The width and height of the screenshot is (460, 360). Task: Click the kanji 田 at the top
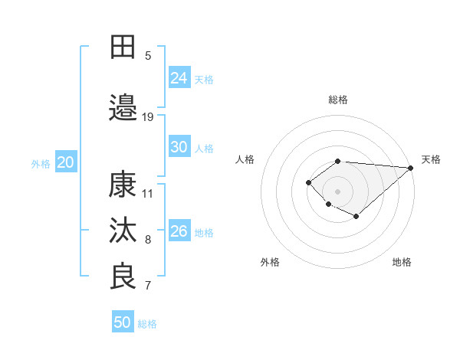coord(123,47)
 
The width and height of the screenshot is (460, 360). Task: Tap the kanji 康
coord(123,185)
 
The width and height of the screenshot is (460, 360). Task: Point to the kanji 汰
coord(123,231)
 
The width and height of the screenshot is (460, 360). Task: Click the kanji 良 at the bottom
coord(123,277)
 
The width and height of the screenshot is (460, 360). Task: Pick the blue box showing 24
coord(179,77)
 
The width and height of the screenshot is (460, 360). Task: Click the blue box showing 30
coord(179,147)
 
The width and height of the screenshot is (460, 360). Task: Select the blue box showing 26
coord(179,231)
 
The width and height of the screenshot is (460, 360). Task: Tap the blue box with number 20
coord(66,162)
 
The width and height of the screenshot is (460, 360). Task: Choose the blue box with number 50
coord(123,322)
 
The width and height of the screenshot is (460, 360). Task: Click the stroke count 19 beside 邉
coord(148,116)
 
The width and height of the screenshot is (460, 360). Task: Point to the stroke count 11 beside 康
coord(148,193)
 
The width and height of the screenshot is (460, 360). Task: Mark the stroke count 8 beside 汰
coord(148,240)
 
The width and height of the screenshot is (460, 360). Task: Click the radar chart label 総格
coord(338,100)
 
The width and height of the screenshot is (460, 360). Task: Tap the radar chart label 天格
coord(431,159)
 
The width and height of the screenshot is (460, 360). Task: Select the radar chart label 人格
coord(245,159)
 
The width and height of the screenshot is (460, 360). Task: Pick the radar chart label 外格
coord(270,263)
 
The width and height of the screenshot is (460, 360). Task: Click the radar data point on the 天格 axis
coord(411,167)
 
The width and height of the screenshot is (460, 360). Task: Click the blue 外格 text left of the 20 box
coord(41,163)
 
